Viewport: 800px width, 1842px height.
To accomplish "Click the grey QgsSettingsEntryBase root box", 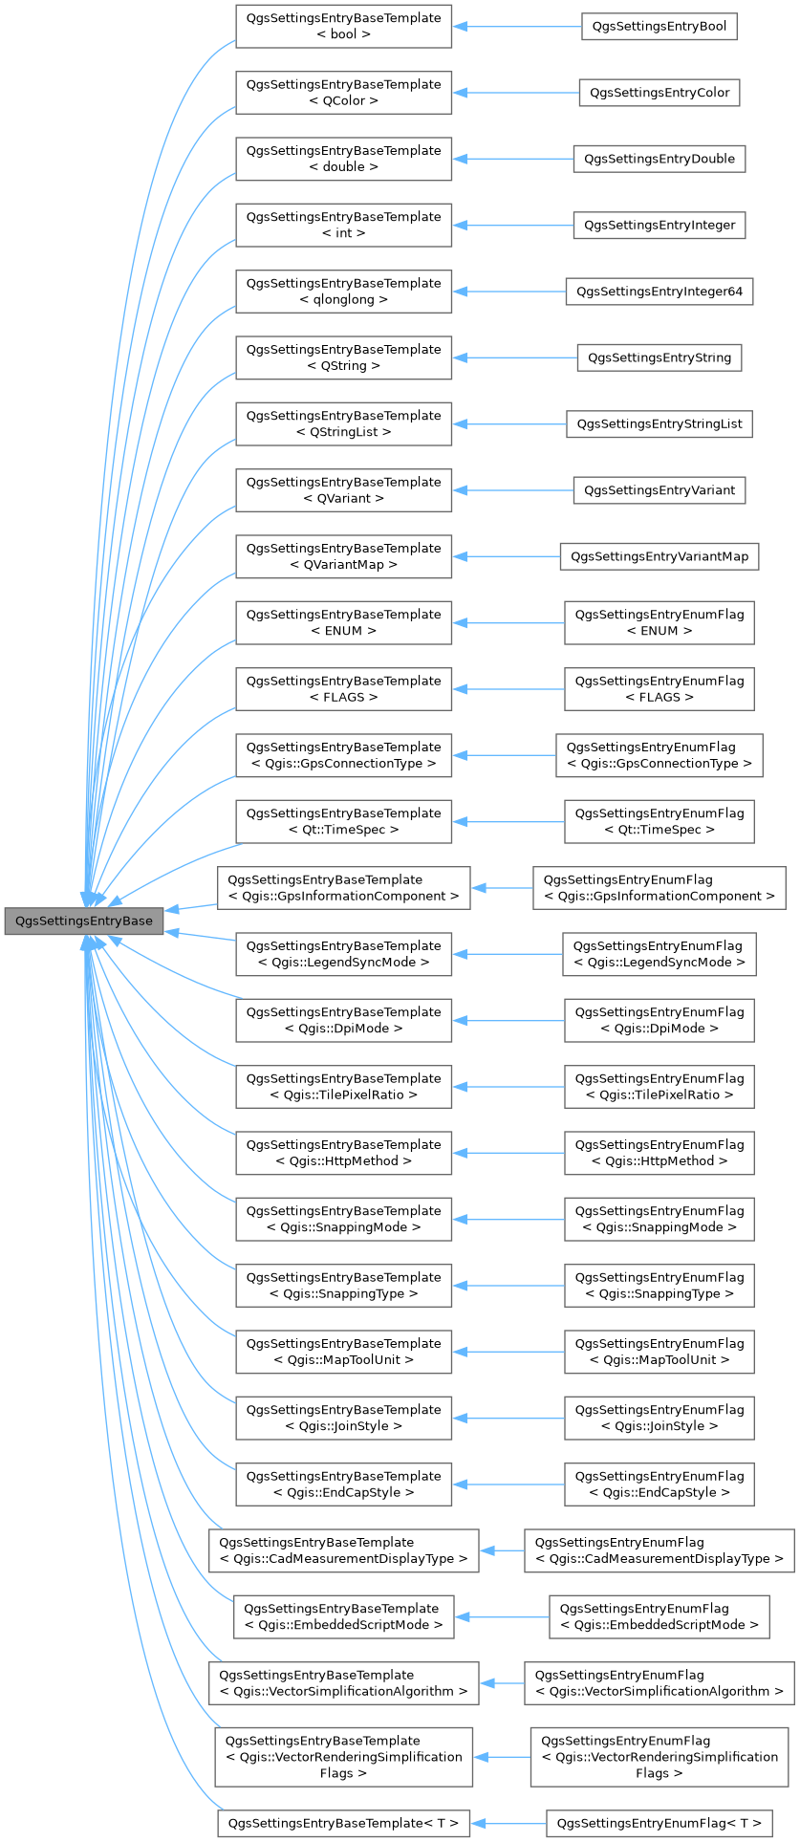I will (x=83, y=921).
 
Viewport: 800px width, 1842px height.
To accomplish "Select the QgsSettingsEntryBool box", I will (x=659, y=27).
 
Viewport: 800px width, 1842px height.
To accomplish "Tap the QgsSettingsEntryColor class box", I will (x=659, y=93).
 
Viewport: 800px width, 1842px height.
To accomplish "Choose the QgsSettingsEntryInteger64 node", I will (x=659, y=292).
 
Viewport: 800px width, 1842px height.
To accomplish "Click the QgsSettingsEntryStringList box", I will (x=659, y=423).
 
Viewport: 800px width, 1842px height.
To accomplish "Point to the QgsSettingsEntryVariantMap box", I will (x=659, y=556).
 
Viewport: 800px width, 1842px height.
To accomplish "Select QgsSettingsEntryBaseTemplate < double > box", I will (x=343, y=159).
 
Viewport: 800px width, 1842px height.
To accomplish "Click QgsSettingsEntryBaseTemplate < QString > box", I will (x=343, y=358).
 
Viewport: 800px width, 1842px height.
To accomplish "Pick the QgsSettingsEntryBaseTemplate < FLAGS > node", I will (x=343, y=689).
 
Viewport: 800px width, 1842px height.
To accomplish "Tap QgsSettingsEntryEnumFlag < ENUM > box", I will (x=659, y=622).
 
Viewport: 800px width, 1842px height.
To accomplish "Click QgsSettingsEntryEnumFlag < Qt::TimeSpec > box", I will (x=659, y=821).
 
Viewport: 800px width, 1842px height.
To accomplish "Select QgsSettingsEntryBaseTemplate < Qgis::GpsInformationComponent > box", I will (x=343, y=888).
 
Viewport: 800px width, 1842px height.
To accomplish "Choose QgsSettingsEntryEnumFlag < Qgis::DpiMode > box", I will (x=659, y=1020).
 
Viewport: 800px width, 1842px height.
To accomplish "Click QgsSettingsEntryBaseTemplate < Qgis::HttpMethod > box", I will (x=343, y=1153).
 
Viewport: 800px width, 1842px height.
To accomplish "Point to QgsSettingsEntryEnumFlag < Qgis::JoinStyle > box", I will (x=659, y=1418).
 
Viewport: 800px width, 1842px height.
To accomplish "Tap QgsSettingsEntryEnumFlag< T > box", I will (x=659, y=1824).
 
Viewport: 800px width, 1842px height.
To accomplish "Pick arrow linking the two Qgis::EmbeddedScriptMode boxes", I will (x=501, y=1616).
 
